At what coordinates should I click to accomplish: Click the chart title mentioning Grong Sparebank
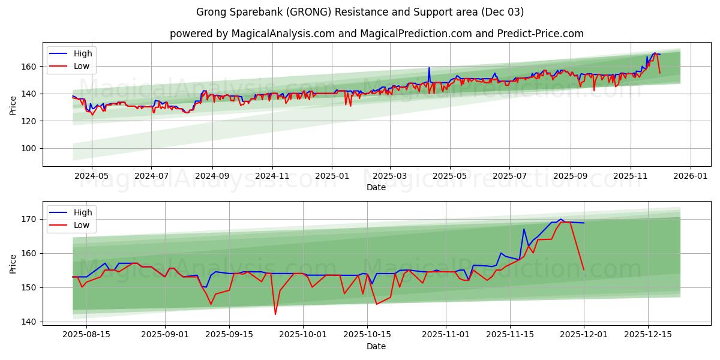coord(360,12)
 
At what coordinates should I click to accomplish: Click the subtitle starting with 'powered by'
coord(376,34)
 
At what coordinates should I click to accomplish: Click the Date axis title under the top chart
coord(376,187)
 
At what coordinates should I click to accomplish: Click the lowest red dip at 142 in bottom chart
coord(275,314)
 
